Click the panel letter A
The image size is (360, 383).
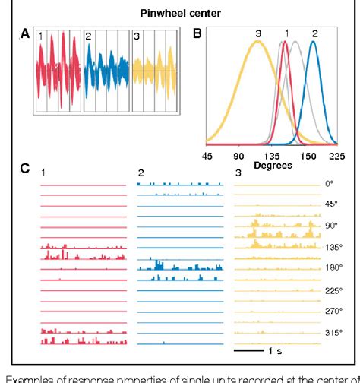(25, 35)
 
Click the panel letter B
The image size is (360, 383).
(197, 33)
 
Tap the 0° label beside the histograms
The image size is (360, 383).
(329, 183)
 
